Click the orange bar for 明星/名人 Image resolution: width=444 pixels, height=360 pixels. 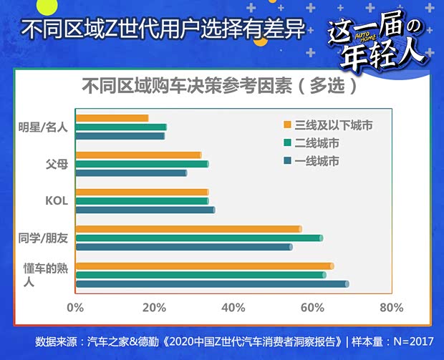tap(112, 118)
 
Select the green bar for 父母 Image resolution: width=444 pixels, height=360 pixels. tap(142, 164)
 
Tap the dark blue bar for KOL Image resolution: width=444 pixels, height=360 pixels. tap(145, 210)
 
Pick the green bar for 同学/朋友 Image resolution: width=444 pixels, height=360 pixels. tap(199, 238)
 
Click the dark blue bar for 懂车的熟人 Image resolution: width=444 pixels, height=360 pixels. tap(212, 284)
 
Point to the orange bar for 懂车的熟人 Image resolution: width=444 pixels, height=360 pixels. tap(204, 266)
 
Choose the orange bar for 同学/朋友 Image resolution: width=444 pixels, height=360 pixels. tap(188, 229)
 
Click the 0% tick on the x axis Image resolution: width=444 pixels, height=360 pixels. tap(75, 308)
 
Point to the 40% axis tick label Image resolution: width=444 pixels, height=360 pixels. tap(233, 308)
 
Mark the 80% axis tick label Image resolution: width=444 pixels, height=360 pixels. tap(390, 308)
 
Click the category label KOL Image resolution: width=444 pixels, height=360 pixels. tap(56, 201)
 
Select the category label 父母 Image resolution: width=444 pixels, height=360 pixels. tap(57, 164)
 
